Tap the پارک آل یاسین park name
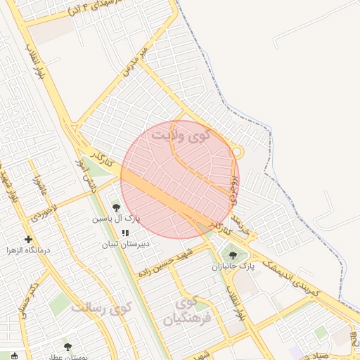[x=115, y=219]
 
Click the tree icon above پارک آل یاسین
[x=116, y=207]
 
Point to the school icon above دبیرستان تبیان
[x=125, y=233]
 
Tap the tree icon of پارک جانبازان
[x=233, y=255]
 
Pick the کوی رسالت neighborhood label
[x=104, y=308]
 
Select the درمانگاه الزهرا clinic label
[x=27, y=250]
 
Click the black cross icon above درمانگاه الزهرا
[x=28, y=239]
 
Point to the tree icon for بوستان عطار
[x=67, y=346]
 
